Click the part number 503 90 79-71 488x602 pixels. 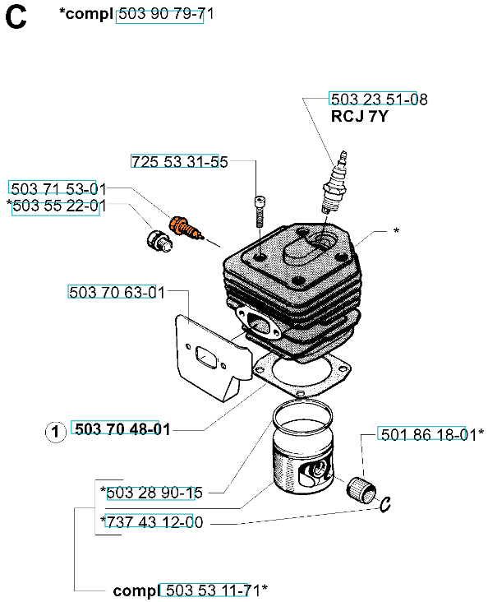[166, 14]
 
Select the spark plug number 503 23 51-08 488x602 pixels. [379, 99]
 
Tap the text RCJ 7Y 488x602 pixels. [360, 116]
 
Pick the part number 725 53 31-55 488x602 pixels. [180, 162]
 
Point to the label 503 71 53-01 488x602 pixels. [58, 189]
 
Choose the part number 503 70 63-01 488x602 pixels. [117, 293]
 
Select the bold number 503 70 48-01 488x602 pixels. [122, 429]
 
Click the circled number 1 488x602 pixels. [56, 432]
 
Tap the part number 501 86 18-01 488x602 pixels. [429, 434]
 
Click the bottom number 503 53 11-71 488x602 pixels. [214, 590]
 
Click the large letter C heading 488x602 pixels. [16, 17]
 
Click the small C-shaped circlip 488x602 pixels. [385, 504]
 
